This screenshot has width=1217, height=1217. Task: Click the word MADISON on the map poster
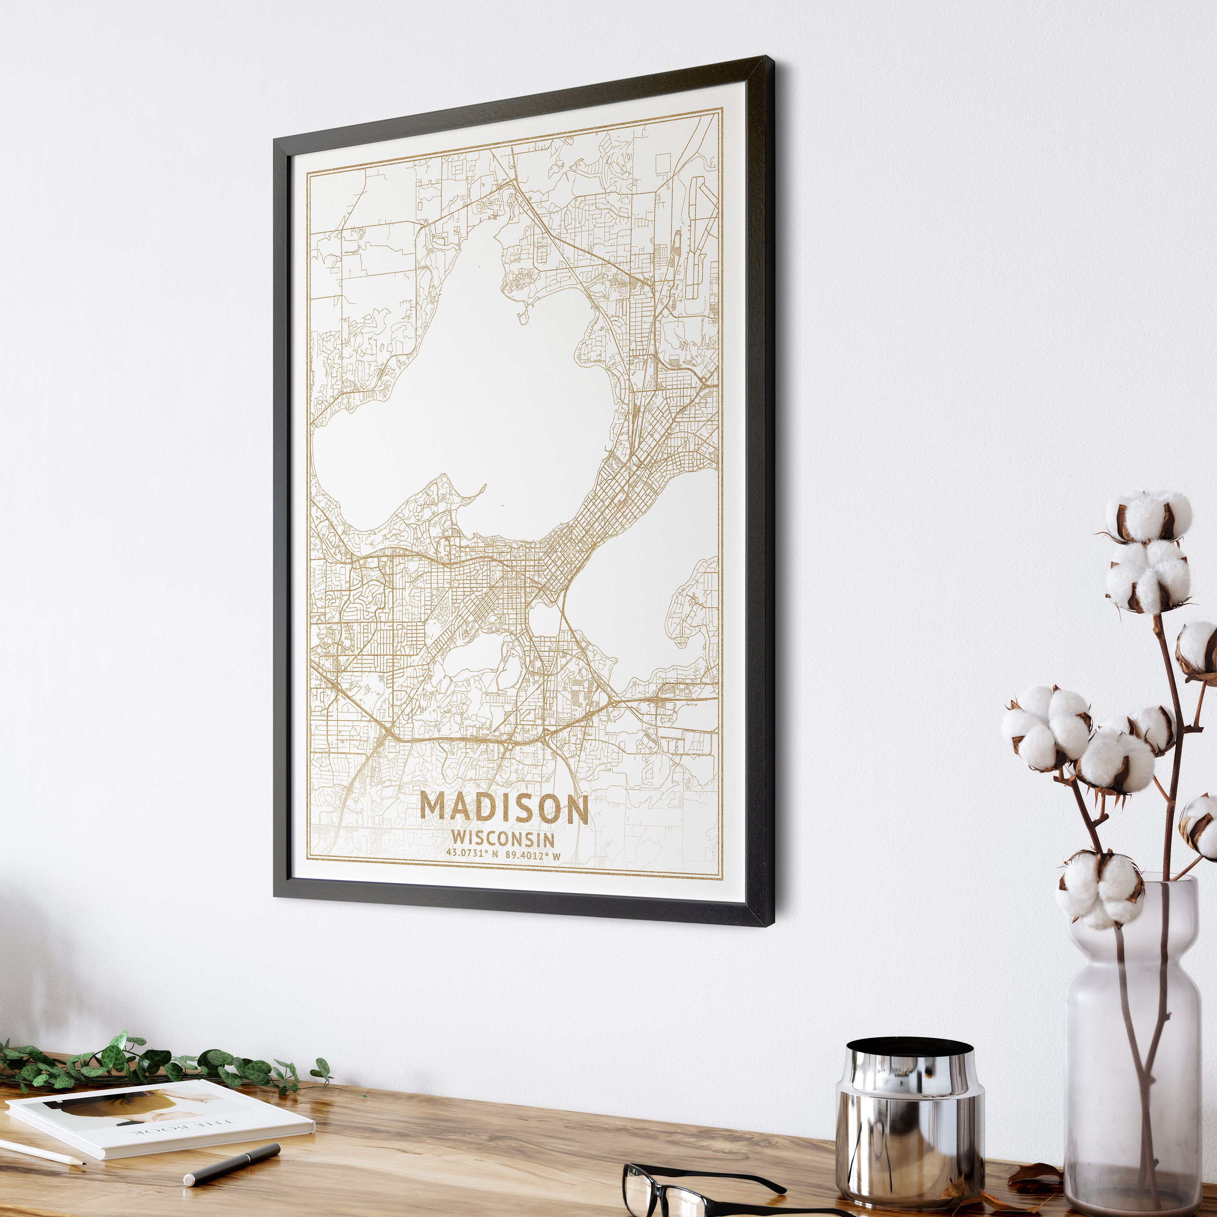tap(504, 808)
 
